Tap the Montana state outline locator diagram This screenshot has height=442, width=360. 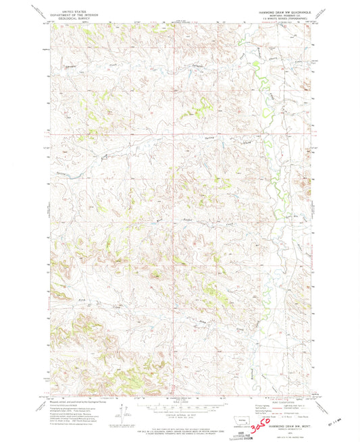[x=234, y=407]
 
